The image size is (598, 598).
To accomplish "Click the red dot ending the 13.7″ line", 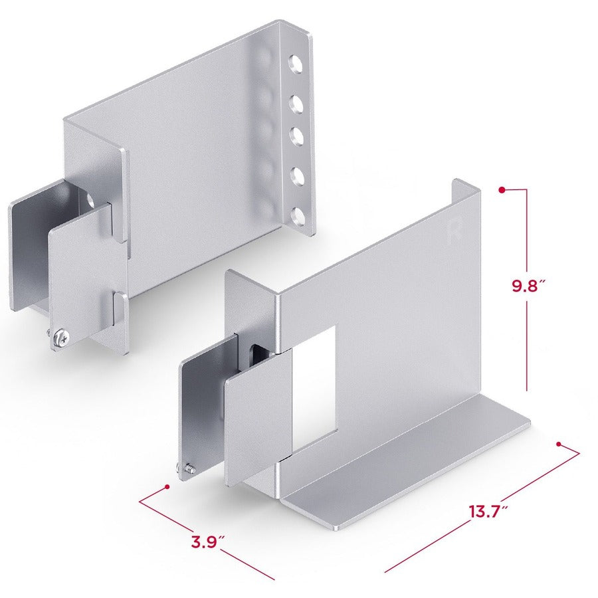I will click(x=559, y=444).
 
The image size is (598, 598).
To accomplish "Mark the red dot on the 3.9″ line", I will click(x=167, y=487).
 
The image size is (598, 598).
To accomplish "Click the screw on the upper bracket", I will click(x=60, y=339).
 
